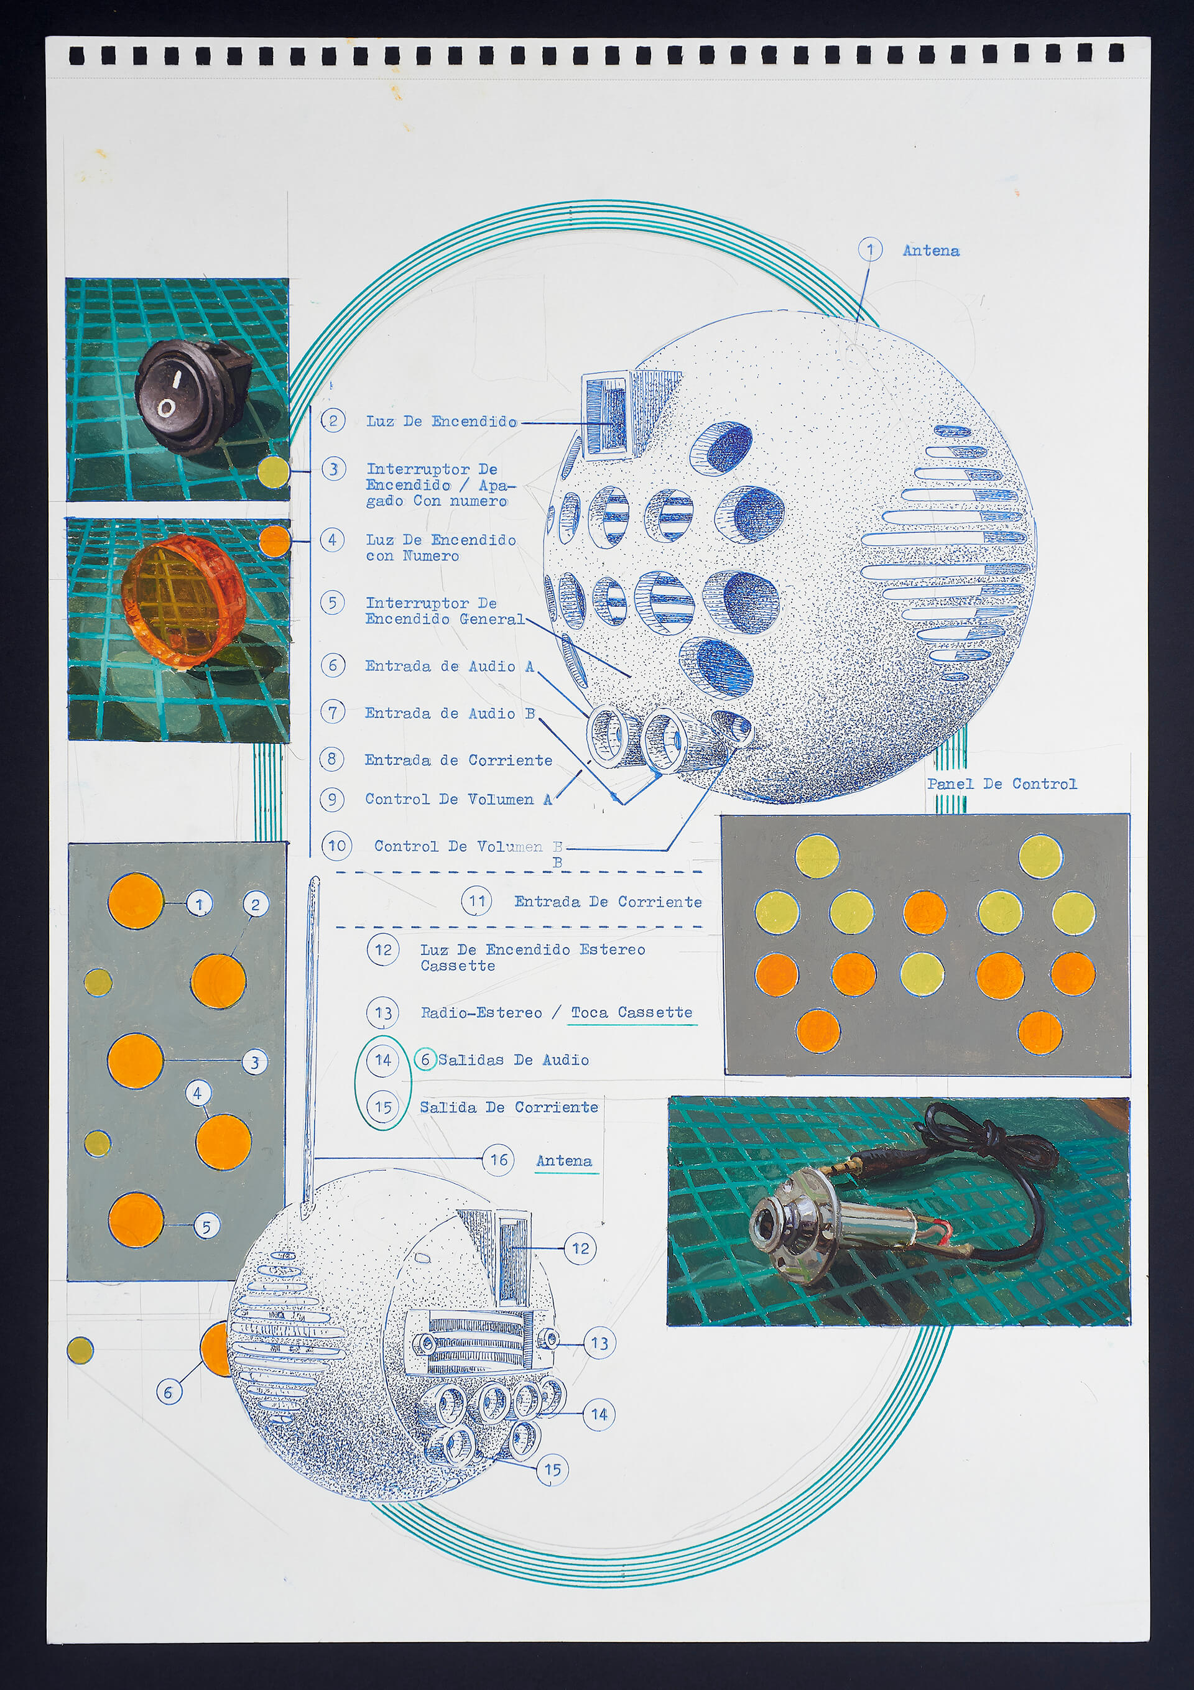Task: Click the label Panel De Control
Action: pyautogui.click(x=1001, y=784)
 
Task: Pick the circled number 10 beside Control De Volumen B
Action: pyautogui.click(x=337, y=846)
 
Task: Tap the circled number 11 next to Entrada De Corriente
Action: pyautogui.click(x=477, y=901)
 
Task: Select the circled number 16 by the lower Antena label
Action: pyautogui.click(x=498, y=1160)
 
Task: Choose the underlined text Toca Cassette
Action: pyautogui.click(x=632, y=1013)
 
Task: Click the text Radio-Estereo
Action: pyautogui.click(x=481, y=1013)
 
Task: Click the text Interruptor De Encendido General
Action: pyautogui.click(x=445, y=611)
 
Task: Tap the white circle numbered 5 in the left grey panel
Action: pyautogui.click(x=206, y=1227)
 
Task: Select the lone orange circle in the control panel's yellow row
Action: pyautogui.click(x=925, y=913)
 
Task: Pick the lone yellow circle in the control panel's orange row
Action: pyautogui.click(x=922, y=974)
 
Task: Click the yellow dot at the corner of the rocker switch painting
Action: pyautogui.click(x=273, y=471)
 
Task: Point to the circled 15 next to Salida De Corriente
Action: pyautogui.click(x=383, y=1106)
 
